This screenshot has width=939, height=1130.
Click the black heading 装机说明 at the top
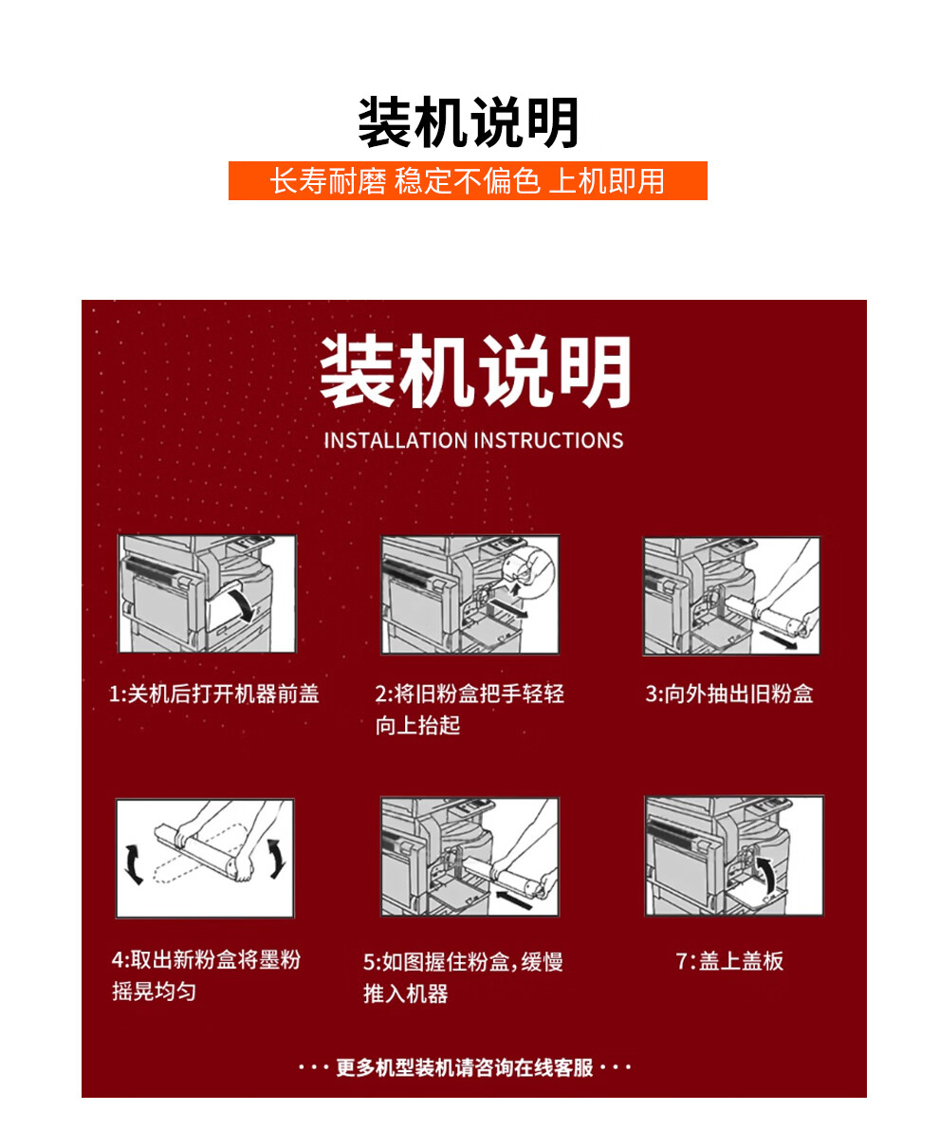coord(469,123)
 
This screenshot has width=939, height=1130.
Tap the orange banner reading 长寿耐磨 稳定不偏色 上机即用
coord(468,180)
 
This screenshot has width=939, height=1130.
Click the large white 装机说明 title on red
coord(474,372)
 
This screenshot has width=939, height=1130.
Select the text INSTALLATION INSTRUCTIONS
coord(473,440)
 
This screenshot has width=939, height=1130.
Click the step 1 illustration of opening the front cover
coord(207,594)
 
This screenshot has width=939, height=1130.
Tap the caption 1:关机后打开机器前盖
coord(214,695)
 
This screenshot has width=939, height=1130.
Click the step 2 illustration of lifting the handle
coord(469,594)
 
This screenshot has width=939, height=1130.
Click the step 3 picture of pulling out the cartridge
coord(731,596)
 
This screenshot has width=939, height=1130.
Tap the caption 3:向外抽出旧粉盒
coord(728,695)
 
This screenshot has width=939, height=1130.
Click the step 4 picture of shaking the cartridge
coord(205,858)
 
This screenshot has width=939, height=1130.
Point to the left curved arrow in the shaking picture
coord(134,861)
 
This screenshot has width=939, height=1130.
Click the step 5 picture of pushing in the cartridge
coord(469,857)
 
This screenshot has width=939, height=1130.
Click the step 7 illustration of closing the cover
coord(733,856)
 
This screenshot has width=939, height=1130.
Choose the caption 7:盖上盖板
coord(728,961)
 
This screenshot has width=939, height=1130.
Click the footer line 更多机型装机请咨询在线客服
coord(465,1068)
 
